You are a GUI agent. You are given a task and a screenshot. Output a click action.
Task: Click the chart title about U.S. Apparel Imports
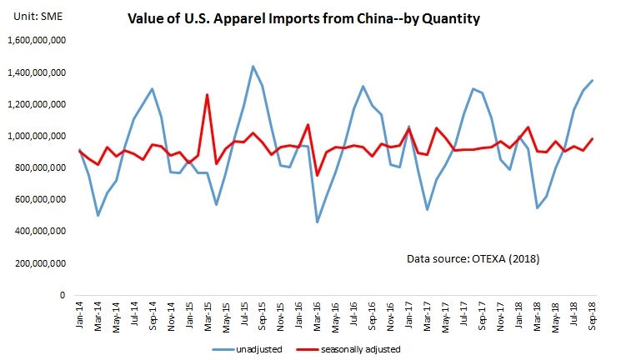303,18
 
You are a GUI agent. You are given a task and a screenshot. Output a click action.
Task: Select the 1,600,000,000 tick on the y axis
36,40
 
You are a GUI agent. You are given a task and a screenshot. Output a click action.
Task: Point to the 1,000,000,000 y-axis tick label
36,136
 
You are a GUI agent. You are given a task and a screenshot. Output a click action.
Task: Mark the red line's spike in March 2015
208,94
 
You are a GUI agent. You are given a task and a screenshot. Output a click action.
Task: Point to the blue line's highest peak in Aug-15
253,66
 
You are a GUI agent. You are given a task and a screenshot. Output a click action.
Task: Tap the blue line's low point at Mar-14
98,216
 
